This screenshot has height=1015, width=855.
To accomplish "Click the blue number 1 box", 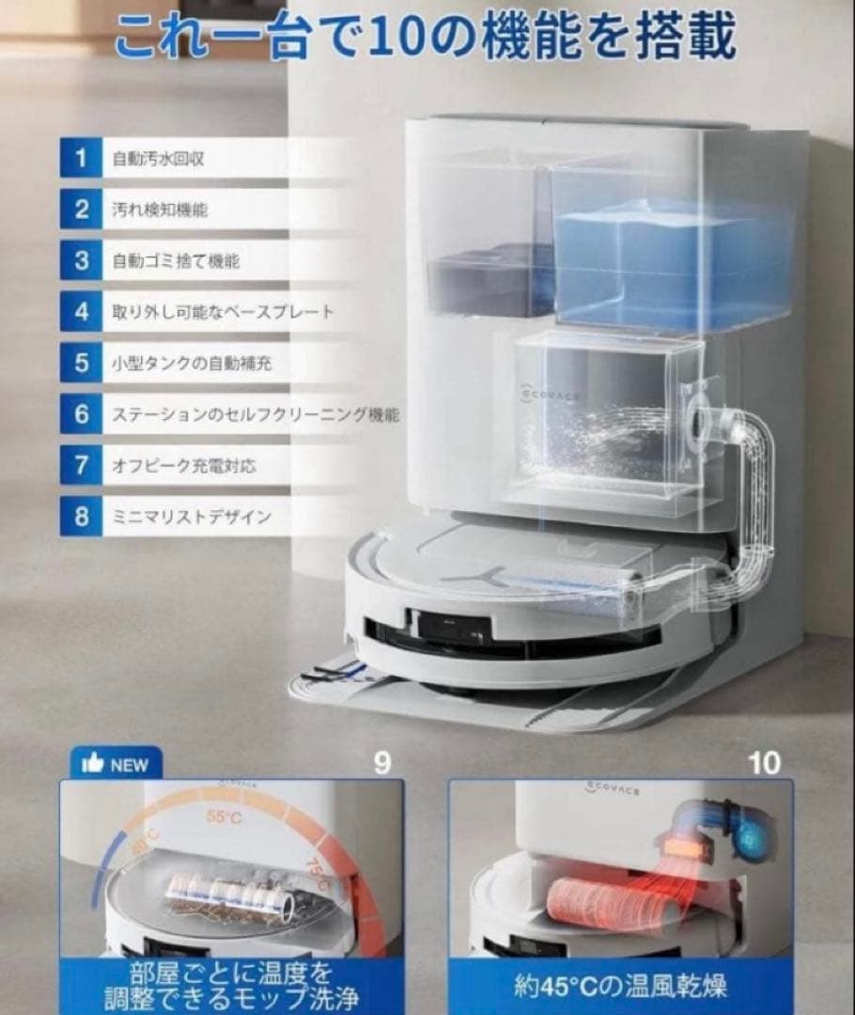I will coord(82,158).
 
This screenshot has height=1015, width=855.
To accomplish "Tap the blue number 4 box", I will coord(82,311).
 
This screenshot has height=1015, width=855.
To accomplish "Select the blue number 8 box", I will coord(82,516).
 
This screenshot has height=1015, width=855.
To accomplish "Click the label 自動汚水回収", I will coord(158,158).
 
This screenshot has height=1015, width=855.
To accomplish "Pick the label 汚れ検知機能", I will coord(160,210).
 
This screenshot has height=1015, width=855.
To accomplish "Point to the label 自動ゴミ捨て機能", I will coord(176,261).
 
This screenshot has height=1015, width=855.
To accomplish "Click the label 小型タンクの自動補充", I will coord(192,363).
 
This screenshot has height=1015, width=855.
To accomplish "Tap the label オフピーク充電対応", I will coord(183,465).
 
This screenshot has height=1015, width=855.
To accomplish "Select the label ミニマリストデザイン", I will coord(191,516).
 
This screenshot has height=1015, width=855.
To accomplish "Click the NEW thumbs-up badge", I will coord(116,763).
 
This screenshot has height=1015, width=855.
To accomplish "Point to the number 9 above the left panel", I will coord(381,762).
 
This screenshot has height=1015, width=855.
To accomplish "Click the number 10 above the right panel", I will coord(765,762).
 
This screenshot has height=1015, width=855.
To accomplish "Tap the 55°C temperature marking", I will coord(224,818).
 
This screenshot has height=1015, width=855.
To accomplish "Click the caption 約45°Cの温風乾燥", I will coord(620,986).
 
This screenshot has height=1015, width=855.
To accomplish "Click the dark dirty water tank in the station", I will coord(489,277).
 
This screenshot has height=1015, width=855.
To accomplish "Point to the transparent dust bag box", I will coord(601,414).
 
